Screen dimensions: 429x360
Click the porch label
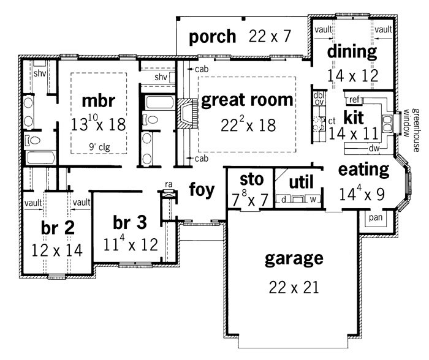click(212, 37)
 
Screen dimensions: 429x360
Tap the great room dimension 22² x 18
click(248, 125)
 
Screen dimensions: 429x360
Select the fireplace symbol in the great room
click(188, 113)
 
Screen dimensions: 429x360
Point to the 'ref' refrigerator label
click(354, 100)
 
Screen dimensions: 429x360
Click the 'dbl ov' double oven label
click(319, 99)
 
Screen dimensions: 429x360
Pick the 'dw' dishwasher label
click(374, 148)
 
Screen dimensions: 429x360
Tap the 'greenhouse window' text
click(411, 130)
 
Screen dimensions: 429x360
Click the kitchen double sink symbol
click(387, 124)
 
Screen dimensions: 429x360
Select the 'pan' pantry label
click(376, 217)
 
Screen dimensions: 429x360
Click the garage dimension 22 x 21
click(294, 288)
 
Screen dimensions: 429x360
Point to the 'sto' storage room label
click(251, 179)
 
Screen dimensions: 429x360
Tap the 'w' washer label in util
click(313, 200)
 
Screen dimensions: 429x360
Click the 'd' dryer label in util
click(283, 200)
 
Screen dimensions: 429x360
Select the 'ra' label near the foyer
click(169, 184)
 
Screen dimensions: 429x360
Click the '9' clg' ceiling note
click(99, 148)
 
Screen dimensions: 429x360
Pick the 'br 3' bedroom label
click(130, 222)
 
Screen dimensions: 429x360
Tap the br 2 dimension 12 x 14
click(57, 250)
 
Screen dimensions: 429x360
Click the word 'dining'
click(352, 51)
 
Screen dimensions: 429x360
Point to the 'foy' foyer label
click(202, 189)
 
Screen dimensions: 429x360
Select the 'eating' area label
click(363, 170)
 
